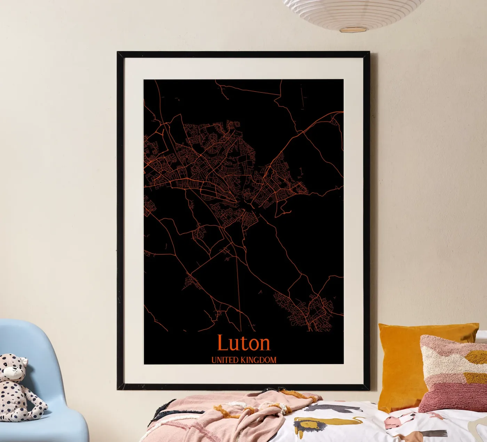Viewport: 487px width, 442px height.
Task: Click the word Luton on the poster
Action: (243, 343)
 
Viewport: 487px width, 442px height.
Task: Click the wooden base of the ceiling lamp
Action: (353, 29)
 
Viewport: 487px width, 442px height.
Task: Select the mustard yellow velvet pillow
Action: (404, 362)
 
